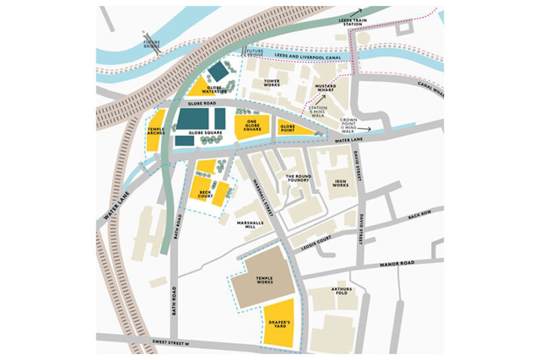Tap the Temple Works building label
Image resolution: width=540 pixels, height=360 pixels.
coord(264,280)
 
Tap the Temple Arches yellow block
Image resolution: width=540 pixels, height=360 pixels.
coord(157,135)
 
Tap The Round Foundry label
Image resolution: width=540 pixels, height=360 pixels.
coord(297,178)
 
